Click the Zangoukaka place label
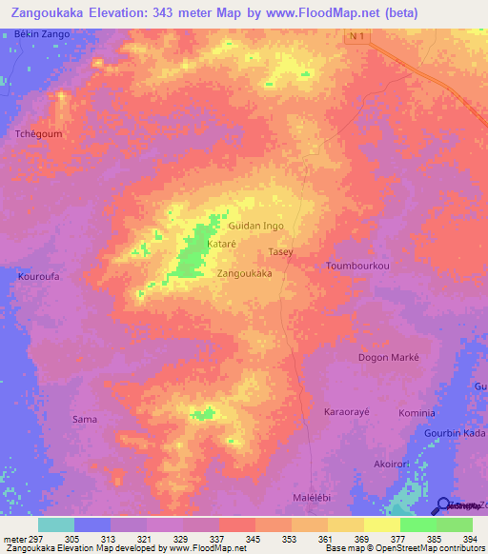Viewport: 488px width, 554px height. coord(245,274)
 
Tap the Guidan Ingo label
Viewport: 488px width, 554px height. coord(256,226)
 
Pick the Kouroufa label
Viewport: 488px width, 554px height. coord(39,278)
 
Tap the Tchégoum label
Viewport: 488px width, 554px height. coord(38,134)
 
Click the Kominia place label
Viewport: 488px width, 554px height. coord(417,412)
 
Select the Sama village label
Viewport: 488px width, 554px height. coord(85,419)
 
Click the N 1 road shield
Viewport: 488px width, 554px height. coord(356,34)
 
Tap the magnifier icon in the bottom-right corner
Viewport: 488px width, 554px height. coord(442,506)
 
